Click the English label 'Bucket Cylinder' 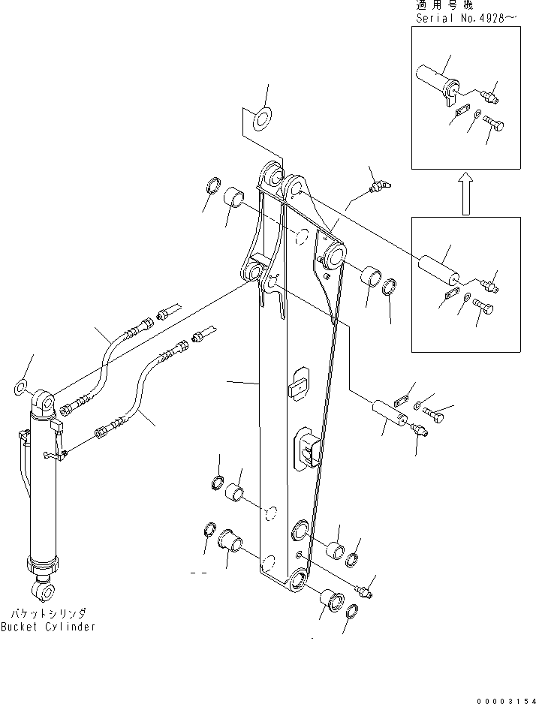48,627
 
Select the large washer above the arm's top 262,118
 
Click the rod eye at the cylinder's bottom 47,592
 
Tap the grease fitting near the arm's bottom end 364,592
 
